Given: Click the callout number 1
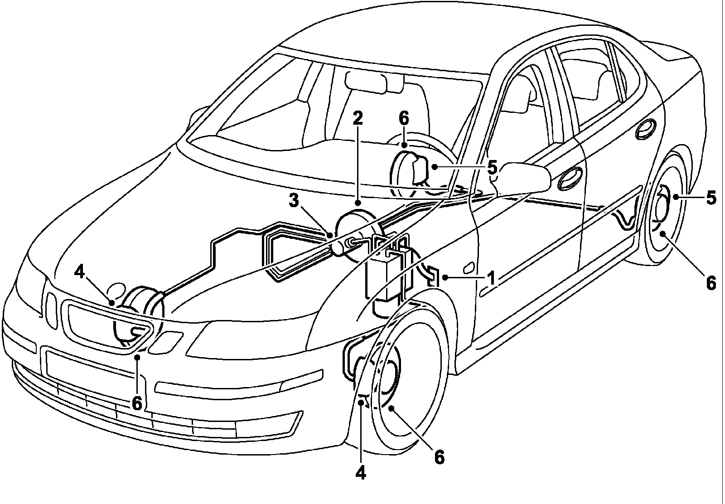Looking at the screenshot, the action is click(491, 278).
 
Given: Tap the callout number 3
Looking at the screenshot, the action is click(294, 201).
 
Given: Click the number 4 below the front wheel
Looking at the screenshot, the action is click(361, 473).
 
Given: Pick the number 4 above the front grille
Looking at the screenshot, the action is click(79, 272).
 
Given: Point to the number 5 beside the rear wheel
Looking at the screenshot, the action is click(711, 198).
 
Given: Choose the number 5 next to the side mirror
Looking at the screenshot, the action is click(492, 167).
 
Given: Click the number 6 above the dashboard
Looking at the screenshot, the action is click(404, 118).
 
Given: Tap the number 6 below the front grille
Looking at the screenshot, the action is click(137, 404).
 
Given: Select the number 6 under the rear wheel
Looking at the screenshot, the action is click(711, 284).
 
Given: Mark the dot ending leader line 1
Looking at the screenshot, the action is click(446, 277).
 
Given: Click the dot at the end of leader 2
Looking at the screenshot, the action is click(358, 204).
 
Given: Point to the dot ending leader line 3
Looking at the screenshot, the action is click(330, 235).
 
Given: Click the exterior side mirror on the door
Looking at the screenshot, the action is click(524, 177).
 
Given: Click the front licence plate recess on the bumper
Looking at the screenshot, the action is click(91, 364).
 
